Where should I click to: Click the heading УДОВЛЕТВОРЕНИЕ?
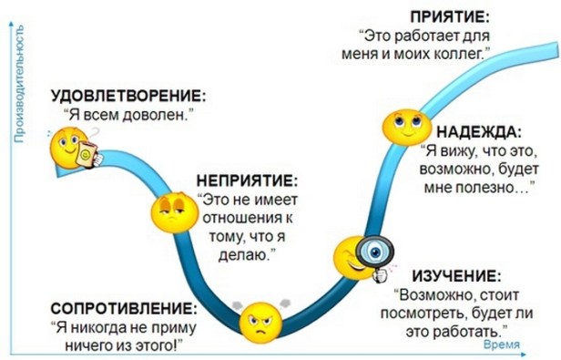(127, 96)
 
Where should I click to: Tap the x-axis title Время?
(502, 345)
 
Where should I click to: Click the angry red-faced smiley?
(260, 320)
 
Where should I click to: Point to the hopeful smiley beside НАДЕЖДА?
(402, 127)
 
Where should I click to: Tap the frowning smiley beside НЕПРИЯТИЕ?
(169, 210)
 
